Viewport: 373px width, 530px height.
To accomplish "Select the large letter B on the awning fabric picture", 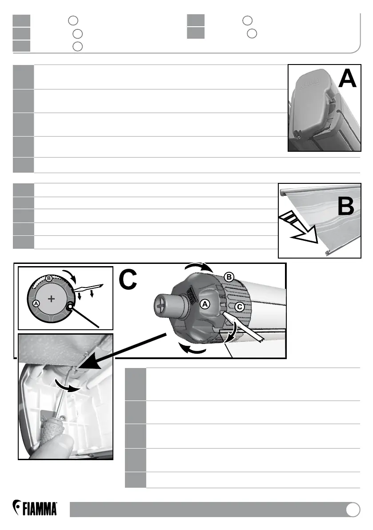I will (346, 207).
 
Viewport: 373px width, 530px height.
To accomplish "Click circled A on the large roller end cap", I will (205, 304).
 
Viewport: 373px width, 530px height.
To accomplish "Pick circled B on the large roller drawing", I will (229, 277).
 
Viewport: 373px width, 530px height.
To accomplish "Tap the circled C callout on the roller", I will (239, 307).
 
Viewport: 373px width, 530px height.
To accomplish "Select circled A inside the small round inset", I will (37, 303).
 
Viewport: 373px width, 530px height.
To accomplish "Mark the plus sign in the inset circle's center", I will (52, 299).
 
